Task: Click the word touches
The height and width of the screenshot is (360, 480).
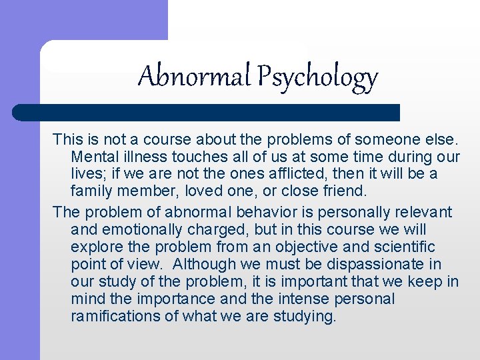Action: pyautogui.click(x=198, y=157)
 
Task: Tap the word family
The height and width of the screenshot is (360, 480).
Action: pyautogui.click(x=91, y=191)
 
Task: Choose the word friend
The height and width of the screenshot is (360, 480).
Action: pyautogui.click(x=341, y=191)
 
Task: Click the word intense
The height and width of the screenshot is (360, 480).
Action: pyautogui.click(x=309, y=299)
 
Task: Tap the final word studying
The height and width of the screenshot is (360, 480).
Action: pyautogui.click(x=305, y=316)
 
